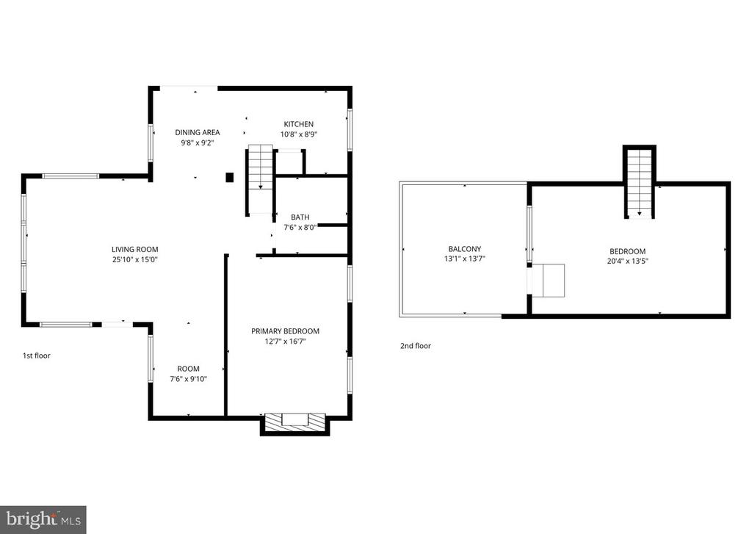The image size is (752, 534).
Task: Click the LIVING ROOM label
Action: [x=134, y=249]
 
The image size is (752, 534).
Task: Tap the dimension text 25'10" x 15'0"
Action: [x=134, y=259]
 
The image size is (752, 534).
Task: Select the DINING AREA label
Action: [x=197, y=132]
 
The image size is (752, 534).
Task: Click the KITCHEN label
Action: [x=299, y=124]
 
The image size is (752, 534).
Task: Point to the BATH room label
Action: [x=300, y=217]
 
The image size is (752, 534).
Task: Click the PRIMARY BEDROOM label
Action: [x=285, y=331]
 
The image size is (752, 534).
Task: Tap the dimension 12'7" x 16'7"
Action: [x=285, y=342]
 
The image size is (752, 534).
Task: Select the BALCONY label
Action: [x=465, y=248]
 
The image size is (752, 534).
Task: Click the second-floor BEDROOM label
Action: [x=627, y=250]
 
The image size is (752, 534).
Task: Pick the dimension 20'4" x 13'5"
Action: [x=627, y=260]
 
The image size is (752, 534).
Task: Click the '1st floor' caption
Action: [x=36, y=356]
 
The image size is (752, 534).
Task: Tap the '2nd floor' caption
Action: [x=416, y=346]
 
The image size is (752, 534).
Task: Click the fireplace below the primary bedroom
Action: [x=294, y=422]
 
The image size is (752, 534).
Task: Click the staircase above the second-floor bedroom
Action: [x=640, y=182]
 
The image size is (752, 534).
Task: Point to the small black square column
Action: [x=229, y=177]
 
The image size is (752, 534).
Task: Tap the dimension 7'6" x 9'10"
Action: [x=187, y=379]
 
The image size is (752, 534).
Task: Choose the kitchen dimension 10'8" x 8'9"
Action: [x=299, y=134]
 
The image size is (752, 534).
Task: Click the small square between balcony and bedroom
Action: [x=548, y=280]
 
